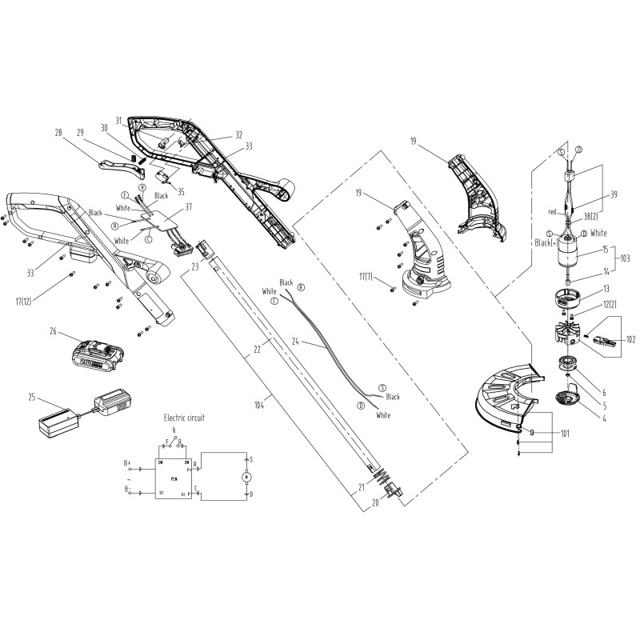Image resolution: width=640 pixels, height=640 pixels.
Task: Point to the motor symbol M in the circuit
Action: pyautogui.click(x=246, y=478)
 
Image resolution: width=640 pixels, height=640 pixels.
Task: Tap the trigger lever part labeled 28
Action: pyautogui.click(x=117, y=166)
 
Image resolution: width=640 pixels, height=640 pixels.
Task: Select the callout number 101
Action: pyautogui.click(x=565, y=434)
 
